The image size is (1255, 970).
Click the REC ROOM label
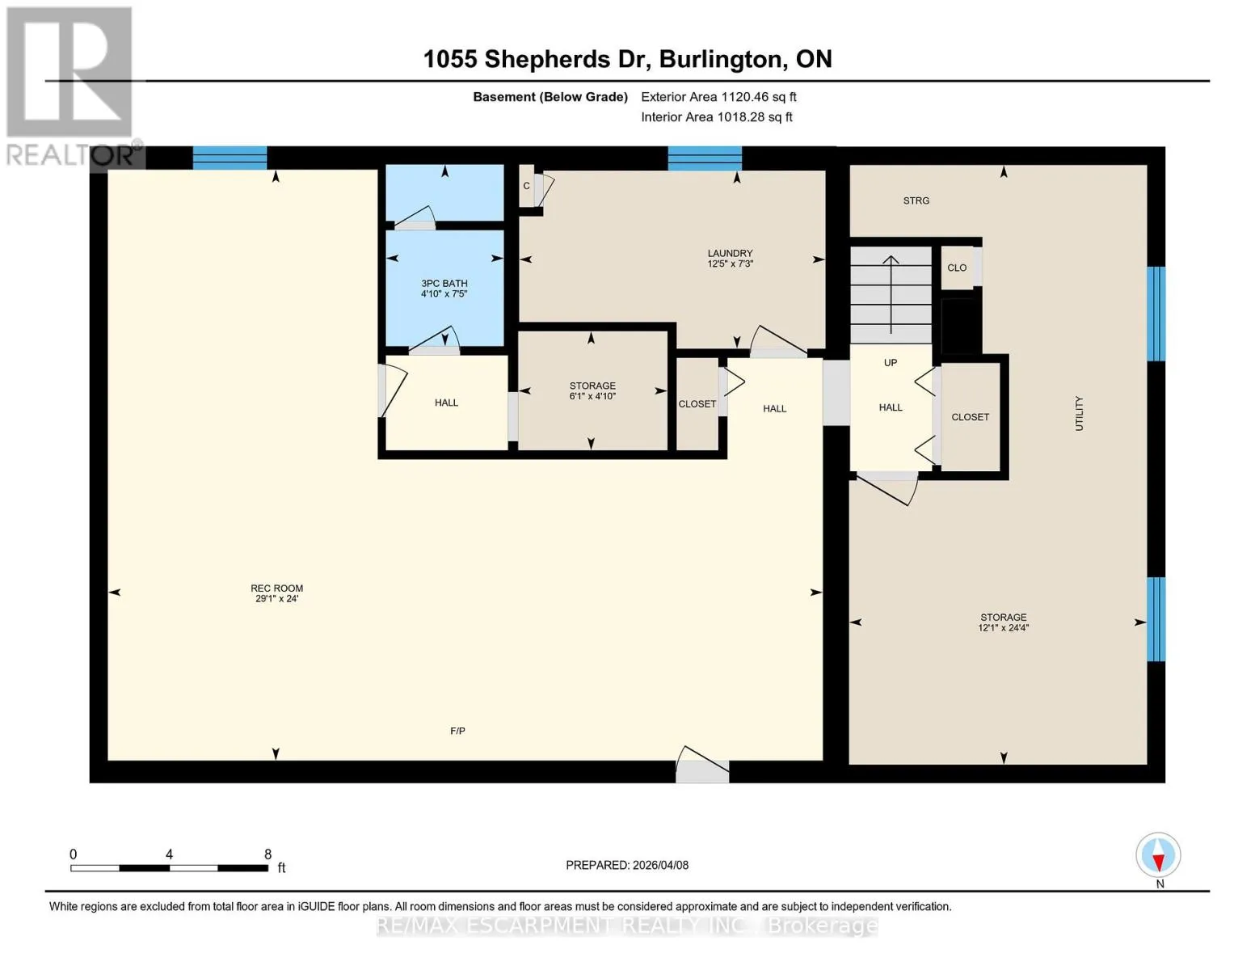[x=276, y=588]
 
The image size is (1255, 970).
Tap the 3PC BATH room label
[x=444, y=283]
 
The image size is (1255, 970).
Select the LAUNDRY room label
[x=730, y=253]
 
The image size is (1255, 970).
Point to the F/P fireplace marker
[x=457, y=731]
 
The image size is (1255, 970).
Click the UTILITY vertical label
[x=1079, y=414]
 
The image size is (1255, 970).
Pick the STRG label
[x=916, y=200]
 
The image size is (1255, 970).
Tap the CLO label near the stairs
[x=957, y=268]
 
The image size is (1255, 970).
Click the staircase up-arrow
[x=891, y=295]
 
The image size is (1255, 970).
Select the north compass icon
[x=1158, y=856]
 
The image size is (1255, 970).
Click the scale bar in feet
[x=169, y=867]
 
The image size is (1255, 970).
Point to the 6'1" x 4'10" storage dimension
[x=592, y=396]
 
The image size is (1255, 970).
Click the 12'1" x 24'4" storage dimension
[x=1003, y=628]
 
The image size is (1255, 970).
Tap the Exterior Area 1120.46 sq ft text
[x=718, y=97]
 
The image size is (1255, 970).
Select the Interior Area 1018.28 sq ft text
[x=717, y=117]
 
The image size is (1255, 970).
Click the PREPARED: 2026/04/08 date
[x=627, y=866]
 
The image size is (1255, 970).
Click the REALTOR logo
[x=72, y=86]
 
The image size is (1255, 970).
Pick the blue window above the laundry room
[x=705, y=158]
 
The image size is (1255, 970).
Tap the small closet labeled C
[x=526, y=186]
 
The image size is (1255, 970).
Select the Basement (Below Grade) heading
[x=550, y=97]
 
